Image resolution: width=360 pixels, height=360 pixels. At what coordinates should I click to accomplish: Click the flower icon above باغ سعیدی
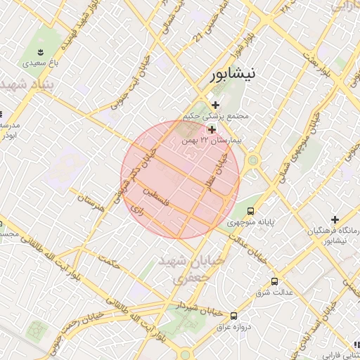(x=41, y=51)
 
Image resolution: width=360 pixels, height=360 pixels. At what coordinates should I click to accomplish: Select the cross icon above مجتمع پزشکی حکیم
(x=215, y=105)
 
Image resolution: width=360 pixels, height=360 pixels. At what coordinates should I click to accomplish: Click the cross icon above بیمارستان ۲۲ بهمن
(x=211, y=129)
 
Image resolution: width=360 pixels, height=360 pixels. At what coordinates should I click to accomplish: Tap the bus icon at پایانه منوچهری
(x=251, y=211)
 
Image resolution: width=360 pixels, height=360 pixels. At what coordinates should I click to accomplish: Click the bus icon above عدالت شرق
(x=274, y=281)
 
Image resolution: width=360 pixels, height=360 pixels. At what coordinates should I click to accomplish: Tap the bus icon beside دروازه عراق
(x=233, y=316)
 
